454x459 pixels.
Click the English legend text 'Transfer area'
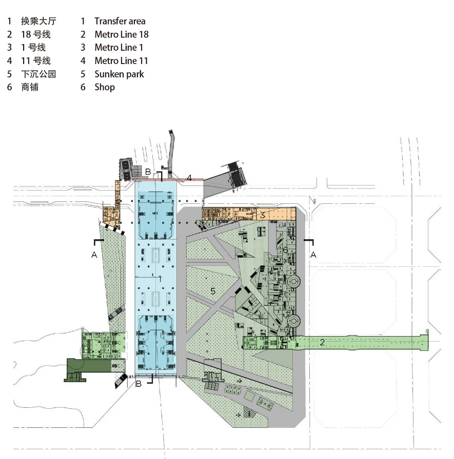click(x=120, y=21)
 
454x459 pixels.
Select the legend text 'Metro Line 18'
click(x=122, y=34)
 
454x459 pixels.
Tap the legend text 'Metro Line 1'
click(x=119, y=48)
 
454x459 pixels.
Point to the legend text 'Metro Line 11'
click(x=122, y=61)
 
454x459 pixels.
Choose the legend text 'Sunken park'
click(x=119, y=74)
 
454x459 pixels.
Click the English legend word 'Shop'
click(x=105, y=87)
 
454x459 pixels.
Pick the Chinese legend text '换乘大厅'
click(x=38, y=21)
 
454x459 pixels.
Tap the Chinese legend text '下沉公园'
click(x=38, y=74)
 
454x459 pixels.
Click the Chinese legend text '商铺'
click(x=30, y=87)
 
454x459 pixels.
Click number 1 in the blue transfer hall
click(x=160, y=279)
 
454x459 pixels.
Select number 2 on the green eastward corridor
click(x=322, y=342)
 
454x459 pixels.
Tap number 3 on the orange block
click(x=262, y=215)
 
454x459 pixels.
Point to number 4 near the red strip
click(x=189, y=178)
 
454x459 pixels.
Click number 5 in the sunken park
click(x=212, y=291)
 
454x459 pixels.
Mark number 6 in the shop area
click(x=286, y=250)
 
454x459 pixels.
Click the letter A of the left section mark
click(x=94, y=255)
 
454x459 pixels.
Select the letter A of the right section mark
click(x=313, y=255)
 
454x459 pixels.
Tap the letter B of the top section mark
click(x=148, y=172)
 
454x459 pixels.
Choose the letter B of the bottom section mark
click(x=138, y=384)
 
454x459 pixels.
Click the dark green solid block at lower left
click(x=87, y=366)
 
